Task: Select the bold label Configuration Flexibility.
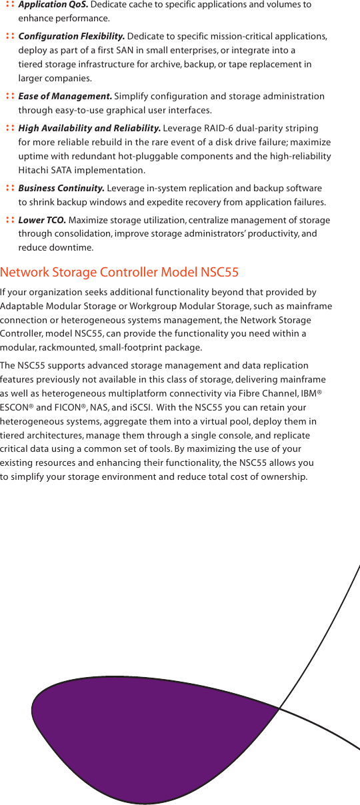click(x=71, y=36)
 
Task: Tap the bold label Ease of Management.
click(x=65, y=96)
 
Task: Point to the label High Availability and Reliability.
click(x=89, y=128)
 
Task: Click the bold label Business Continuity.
click(x=61, y=188)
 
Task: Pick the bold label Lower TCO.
click(x=41, y=220)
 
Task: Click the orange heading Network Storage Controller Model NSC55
click(x=119, y=272)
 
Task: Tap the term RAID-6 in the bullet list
click(x=207, y=128)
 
